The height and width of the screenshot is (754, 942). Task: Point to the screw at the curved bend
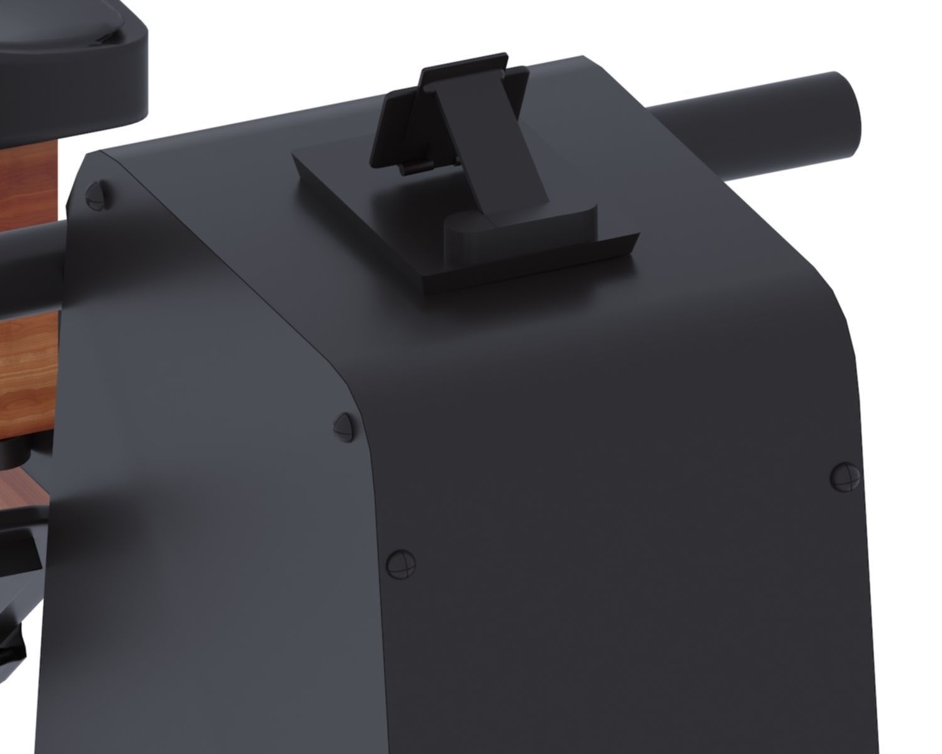[343, 427]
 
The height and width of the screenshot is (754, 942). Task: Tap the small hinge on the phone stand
[418, 167]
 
